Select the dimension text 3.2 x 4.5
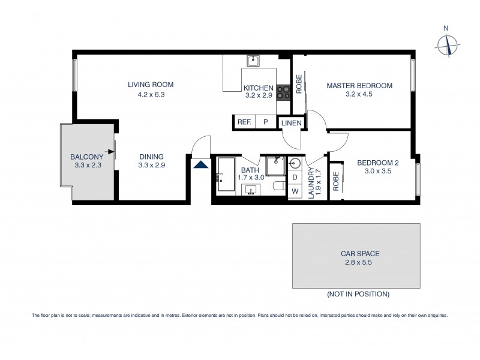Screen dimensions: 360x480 tap(359, 94)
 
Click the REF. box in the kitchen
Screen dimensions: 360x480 tap(244, 122)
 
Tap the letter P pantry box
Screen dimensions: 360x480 tap(265, 122)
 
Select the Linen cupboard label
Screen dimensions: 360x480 tap(292, 122)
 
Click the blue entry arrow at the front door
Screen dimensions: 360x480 tap(201, 163)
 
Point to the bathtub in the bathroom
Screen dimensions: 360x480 tap(226, 175)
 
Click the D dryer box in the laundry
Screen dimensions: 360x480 tap(295, 178)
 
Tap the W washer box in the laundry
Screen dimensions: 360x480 tap(295, 192)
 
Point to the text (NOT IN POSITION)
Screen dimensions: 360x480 tap(358, 294)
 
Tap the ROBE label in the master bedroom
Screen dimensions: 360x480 tap(298, 83)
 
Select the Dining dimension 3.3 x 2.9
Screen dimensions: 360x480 tap(151, 165)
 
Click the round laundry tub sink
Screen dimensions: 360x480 tap(295, 163)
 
